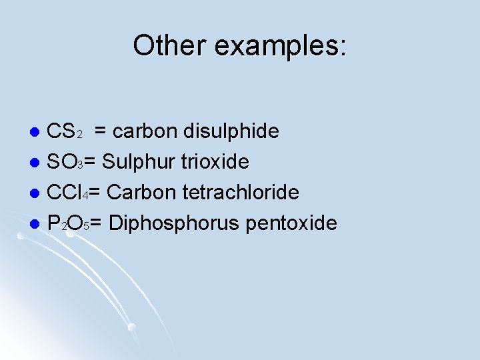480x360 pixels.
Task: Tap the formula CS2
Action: (x=65, y=131)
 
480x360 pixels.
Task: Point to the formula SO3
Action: (x=67, y=162)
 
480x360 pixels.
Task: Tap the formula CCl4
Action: (x=69, y=193)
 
